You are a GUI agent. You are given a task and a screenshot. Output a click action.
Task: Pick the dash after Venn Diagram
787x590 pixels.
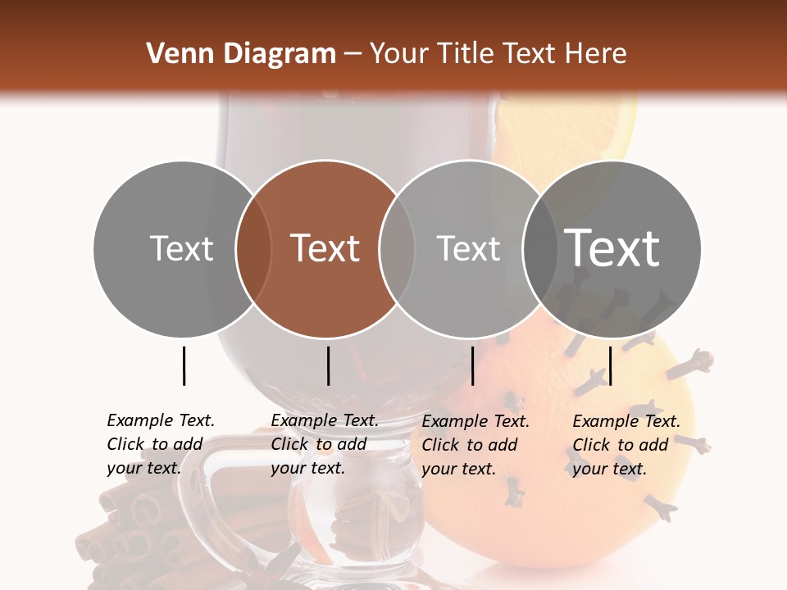(353, 55)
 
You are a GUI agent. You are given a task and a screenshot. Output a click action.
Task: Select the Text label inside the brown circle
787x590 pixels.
(325, 248)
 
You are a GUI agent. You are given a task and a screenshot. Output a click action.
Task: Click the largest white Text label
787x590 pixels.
(612, 248)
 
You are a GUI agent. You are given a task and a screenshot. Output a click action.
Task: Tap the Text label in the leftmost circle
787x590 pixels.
(181, 248)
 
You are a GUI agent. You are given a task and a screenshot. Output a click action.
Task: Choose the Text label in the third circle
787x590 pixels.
(468, 248)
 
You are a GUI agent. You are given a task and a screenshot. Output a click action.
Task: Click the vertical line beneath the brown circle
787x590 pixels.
(328, 365)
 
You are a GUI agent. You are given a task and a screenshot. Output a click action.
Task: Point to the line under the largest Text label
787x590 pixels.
(611, 365)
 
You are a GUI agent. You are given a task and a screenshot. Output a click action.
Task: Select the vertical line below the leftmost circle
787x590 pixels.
(184, 365)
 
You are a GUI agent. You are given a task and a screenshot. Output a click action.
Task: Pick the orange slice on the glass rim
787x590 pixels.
(574, 123)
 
